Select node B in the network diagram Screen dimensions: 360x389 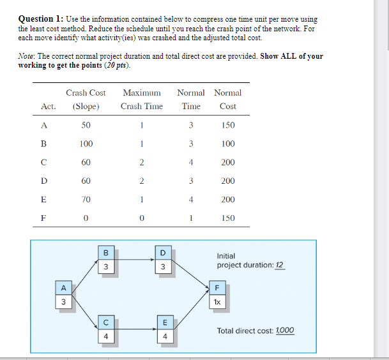(106, 260)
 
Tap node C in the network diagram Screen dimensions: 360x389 (106, 329)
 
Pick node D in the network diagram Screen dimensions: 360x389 (163, 260)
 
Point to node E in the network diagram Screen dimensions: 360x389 (163, 329)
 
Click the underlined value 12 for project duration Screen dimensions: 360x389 (279, 265)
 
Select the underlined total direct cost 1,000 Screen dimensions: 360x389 (284, 331)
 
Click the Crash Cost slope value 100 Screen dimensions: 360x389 (86, 144)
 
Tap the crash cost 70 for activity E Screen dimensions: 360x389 (86, 200)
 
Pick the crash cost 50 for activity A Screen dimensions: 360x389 (86, 126)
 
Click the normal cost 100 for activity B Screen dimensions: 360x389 (227, 144)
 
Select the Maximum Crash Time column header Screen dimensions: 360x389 (141, 100)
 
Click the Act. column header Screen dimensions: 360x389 (49, 107)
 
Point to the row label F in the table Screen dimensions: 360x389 (43, 218)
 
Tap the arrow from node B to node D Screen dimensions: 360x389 (134, 260)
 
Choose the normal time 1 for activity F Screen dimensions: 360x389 (190, 218)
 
